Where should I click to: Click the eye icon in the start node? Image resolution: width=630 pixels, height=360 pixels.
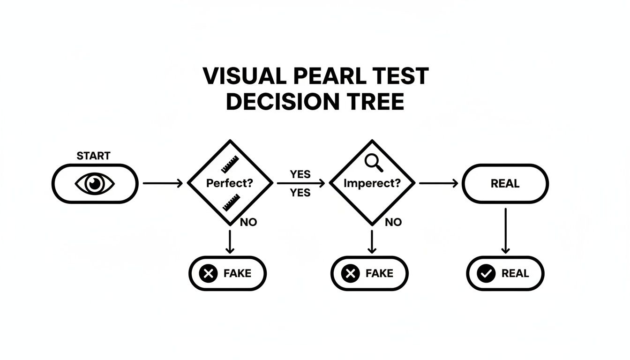(95, 184)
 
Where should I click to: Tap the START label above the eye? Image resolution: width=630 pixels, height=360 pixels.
(93, 156)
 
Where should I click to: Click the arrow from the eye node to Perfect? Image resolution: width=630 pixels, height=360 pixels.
(162, 184)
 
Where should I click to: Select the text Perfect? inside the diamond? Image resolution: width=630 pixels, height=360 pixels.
(229, 183)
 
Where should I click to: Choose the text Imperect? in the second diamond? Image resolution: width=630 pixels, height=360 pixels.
(372, 183)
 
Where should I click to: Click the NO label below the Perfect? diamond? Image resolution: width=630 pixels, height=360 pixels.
(248, 222)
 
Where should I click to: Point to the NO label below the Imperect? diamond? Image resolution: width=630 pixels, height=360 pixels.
(393, 222)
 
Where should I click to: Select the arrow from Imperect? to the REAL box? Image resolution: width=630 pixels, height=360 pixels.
(438, 184)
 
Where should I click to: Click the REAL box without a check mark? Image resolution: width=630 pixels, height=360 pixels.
(505, 184)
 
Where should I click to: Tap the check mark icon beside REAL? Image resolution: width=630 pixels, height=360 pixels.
(485, 273)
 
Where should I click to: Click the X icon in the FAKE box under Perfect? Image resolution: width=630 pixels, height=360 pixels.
(208, 273)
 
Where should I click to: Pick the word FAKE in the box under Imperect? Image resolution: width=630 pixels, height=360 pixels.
(380, 273)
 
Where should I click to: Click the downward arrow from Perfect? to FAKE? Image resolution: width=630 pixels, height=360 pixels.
(230, 241)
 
